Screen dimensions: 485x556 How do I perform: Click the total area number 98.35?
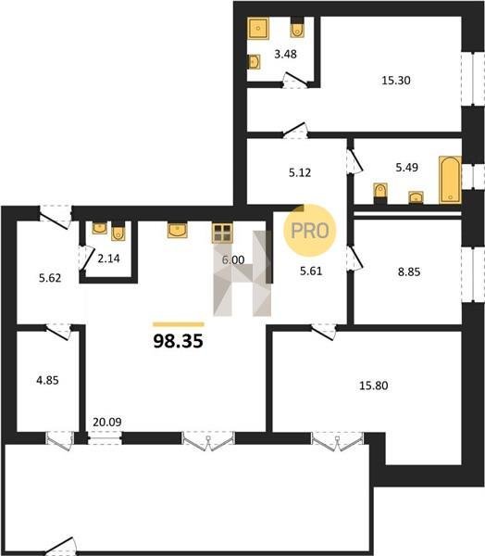pos(179,341)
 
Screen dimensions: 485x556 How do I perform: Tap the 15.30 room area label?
pos(396,81)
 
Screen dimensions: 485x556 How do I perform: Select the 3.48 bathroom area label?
pos(286,55)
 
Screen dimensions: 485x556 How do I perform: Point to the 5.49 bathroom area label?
pos(406,167)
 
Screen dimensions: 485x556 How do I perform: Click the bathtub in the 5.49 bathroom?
pos(450,180)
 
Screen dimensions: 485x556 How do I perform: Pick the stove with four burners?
pos(222,233)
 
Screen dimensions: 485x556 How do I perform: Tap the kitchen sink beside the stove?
pos(177,230)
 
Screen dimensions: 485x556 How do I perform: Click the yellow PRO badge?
pos(310,231)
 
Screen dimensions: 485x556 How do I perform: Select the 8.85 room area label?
pos(409,272)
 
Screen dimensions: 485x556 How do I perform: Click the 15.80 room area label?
pos(374,385)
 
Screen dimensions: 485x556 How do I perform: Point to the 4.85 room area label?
pos(47,381)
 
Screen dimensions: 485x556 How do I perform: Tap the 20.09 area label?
pos(107,422)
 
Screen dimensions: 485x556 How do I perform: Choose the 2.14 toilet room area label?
pos(108,259)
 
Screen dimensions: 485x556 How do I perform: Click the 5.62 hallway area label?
pos(50,278)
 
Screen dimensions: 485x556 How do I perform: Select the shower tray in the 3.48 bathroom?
pos(258,28)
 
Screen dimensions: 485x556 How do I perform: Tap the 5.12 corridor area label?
pos(300,172)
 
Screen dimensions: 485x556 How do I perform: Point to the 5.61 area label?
pos(311,272)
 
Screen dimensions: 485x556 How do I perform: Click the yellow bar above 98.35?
pos(179,324)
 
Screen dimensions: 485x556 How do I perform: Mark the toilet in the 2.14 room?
pos(118,231)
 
